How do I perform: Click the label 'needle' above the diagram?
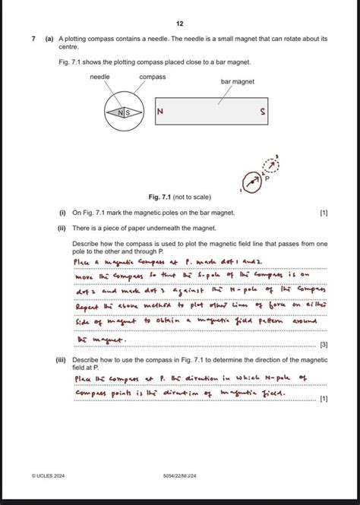click(x=100, y=77)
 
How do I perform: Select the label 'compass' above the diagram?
click(x=153, y=77)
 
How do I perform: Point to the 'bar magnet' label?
click(x=238, y=81)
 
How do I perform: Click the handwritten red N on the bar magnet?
click(x=159, y=113)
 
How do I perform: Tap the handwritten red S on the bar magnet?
click(x=263, y=114)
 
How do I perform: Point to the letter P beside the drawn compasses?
click(x=266, y=181)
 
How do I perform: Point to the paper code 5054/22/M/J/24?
click(x=179, y=475)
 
